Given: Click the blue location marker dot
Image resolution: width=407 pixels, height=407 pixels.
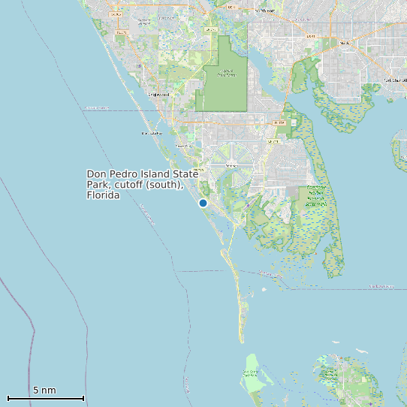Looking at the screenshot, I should (x=203, y=203).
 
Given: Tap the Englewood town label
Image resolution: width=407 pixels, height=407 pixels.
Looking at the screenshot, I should (x=158, y=95).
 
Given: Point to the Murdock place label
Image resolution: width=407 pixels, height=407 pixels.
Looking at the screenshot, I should (x=346, y=43).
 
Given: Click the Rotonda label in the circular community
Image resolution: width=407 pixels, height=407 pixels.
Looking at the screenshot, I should (x=231, y=164).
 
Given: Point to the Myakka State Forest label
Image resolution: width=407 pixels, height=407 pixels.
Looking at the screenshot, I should (x=227, y=74).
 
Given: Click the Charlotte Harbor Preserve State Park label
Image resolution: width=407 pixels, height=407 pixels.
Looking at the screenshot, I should (x=316, y=195).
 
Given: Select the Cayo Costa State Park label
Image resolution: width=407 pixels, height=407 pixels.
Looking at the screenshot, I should (x=252, y=372).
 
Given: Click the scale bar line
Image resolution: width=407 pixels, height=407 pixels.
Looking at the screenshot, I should (x=45, y=398).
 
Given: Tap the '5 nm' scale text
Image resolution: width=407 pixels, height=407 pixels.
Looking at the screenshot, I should (x=44, y=390).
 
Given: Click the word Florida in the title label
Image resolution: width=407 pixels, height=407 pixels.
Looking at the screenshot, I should (x=104, y=195).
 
